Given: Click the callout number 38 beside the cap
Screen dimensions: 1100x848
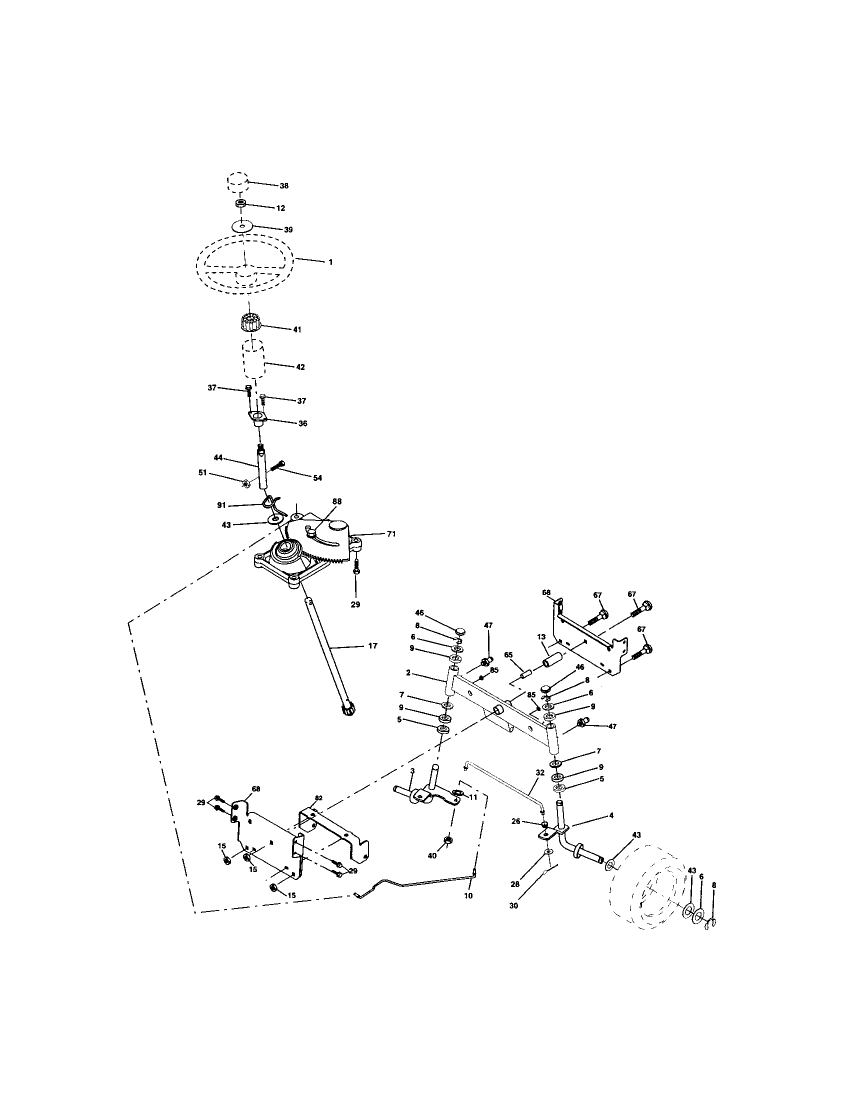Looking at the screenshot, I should click(x=284, y=186).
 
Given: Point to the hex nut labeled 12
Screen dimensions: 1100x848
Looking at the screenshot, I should click(x=240, y=204).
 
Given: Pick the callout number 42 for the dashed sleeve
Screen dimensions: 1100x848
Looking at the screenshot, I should click(x=300, y=367).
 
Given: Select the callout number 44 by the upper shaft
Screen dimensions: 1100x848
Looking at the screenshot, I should click(x=217, y=457).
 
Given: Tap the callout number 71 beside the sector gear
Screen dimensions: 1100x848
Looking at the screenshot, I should click(x=391, y=534).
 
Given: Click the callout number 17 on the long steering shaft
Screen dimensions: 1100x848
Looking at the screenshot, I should click(x=372, y=645).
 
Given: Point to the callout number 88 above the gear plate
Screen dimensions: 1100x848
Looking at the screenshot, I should click(x=337, y=501).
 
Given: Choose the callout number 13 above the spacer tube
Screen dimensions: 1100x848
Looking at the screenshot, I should click(x=541, y=637).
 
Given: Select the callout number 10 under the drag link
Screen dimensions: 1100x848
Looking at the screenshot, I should click(x=468, y=896).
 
